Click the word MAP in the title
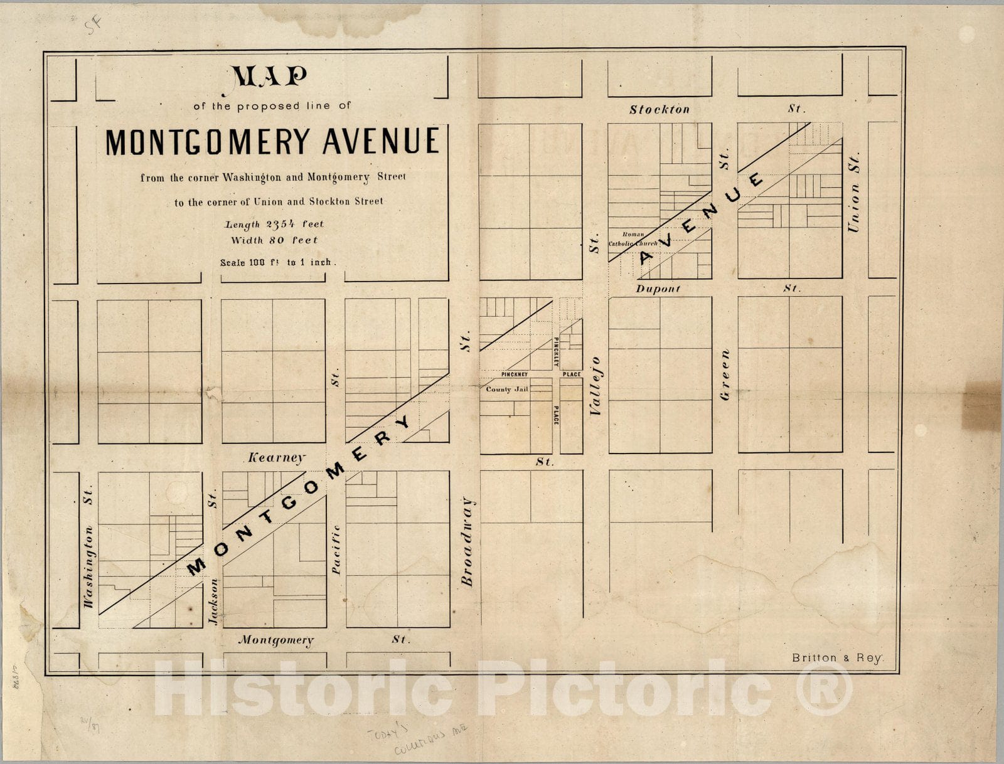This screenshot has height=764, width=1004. click(x=270, y=77)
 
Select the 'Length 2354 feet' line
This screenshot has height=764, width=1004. click(x=274, y=224)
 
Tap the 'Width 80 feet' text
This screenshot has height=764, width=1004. click(x=274, y=240)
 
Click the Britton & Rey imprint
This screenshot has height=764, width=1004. click(x=836, y=658)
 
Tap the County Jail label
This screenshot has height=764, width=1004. click(x=507, y=390)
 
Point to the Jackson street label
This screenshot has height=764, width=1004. click(x=214, y=601)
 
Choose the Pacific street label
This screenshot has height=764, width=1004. click(x=336, y=549)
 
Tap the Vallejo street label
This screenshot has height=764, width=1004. click(x=596, y=386)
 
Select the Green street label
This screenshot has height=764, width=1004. click(x=725, y=375)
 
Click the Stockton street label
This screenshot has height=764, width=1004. click(x=660, y=110)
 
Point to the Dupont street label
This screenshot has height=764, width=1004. click(x=658, y=289)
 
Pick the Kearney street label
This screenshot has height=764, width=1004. click(x=277, y=458)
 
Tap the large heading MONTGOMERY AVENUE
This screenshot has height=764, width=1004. click(x=272, y=142)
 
